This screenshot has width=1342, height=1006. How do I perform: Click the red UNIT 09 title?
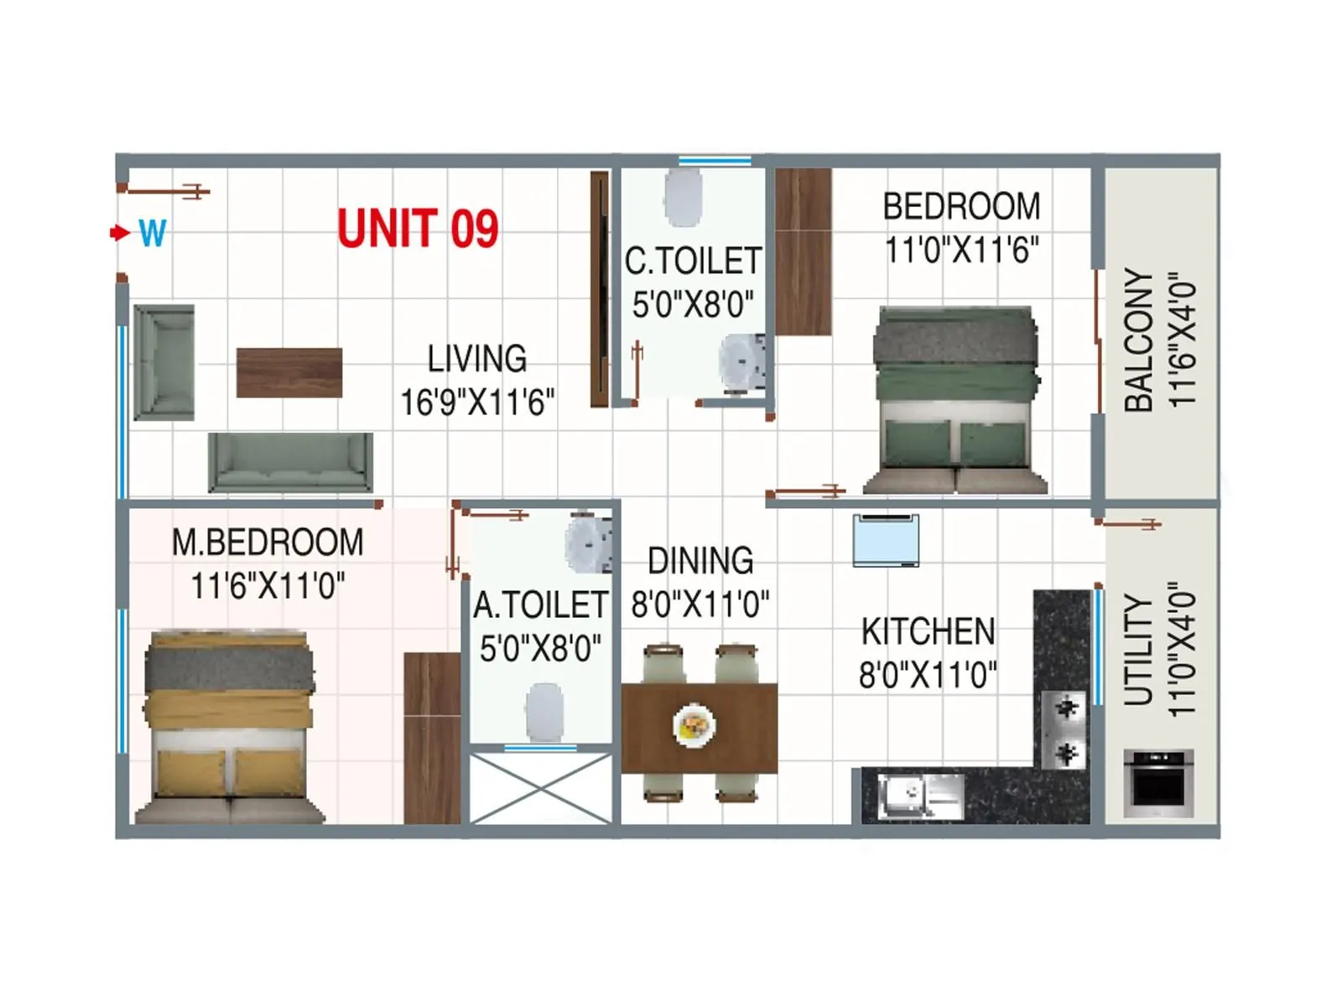pos(418,229)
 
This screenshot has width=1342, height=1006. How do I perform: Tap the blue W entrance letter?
pos(152,232)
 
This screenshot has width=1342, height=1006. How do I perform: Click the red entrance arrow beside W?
pos(120,232)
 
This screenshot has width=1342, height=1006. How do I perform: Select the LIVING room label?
pos(476,359)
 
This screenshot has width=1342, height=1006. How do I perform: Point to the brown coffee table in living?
pos(289,372)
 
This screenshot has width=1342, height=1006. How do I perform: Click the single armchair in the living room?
pos(164,362)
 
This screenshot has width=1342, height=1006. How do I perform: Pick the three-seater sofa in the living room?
pos(290,462)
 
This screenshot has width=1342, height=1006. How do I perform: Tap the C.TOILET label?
pos(693,262)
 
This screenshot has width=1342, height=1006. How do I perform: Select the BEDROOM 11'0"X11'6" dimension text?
pos(961,250)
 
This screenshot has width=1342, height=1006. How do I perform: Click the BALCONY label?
pos(1139,340)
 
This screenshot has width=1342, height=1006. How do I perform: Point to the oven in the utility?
pos(1158,783)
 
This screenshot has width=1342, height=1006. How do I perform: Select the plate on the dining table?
pos(694,726)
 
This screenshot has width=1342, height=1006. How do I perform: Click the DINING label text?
pos(700,561)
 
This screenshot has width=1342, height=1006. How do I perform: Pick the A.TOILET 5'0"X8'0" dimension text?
pos(540,648)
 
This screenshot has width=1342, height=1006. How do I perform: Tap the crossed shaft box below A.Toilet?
pos(540,788)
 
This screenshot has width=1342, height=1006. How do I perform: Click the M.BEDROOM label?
pos(268,542)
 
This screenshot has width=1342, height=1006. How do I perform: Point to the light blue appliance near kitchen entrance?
pos(886,541)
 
